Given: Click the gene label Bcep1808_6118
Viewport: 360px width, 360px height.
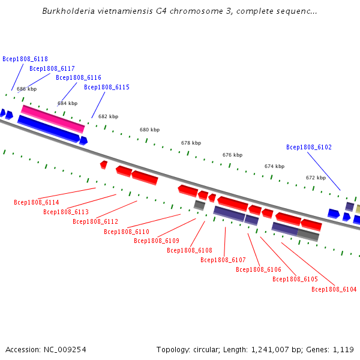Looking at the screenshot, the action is pos(25,59).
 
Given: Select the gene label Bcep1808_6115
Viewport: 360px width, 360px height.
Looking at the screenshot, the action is pos(107,87).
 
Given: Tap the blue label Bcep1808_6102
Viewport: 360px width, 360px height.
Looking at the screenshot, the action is pos(309,147).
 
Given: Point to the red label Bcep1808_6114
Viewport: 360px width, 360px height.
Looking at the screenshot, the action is pos(37,202).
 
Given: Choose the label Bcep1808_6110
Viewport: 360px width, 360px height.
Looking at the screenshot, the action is pos(127,232).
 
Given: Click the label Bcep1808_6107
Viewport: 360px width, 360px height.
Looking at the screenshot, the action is pos(223,260).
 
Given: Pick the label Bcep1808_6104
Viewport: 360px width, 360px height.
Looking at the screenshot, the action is pos(334,289).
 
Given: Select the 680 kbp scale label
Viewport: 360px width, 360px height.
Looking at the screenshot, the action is pos(149,130).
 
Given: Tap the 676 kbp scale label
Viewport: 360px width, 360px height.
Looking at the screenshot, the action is pos(232,155).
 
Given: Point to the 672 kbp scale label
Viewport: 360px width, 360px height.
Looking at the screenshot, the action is pos(316,178).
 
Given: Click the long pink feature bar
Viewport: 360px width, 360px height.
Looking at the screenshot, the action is pos(53,119).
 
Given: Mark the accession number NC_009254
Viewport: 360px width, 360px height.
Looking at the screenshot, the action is pos(65,350).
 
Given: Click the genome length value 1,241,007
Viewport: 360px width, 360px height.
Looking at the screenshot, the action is pos(270,350).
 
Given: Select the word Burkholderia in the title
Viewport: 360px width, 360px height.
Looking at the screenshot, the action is pos(68,11).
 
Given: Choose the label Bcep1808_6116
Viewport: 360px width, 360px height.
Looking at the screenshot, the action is pos(79,77).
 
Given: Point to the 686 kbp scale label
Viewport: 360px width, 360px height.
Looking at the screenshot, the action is pos(26,89).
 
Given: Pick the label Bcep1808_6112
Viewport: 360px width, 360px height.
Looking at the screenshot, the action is pos(95,221).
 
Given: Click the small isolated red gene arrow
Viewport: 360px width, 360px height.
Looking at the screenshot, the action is pos(104,165).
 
